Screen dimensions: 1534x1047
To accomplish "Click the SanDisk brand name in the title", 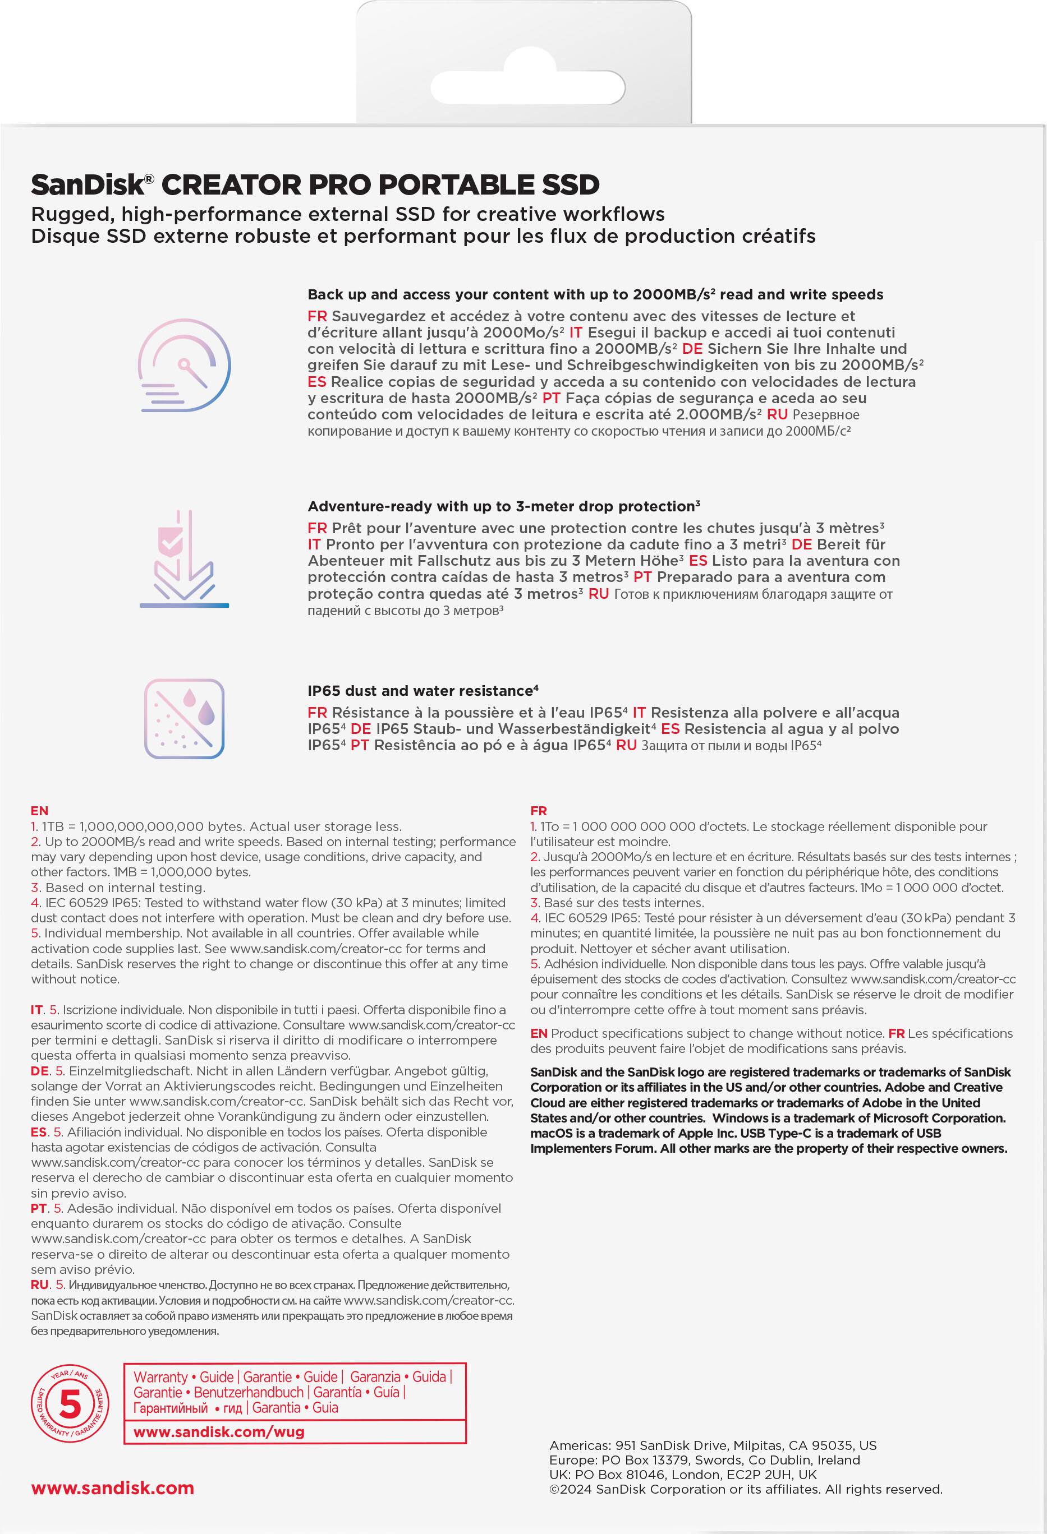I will point(87,185).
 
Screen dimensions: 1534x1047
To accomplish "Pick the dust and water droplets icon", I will point(184,719).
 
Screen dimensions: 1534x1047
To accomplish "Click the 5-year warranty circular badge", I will point(70,1404).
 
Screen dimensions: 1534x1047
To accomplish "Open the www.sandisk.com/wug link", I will point(219,1432).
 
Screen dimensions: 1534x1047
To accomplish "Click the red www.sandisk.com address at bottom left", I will point(112,1488).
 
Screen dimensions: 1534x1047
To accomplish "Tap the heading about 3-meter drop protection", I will point(503,506).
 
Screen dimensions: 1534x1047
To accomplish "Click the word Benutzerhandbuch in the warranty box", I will point(249,1392).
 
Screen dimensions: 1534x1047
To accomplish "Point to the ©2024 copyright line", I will point(746,1489).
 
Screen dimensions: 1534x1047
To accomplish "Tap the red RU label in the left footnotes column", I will point(40,1285).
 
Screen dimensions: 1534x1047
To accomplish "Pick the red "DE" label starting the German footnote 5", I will point(40,1071).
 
